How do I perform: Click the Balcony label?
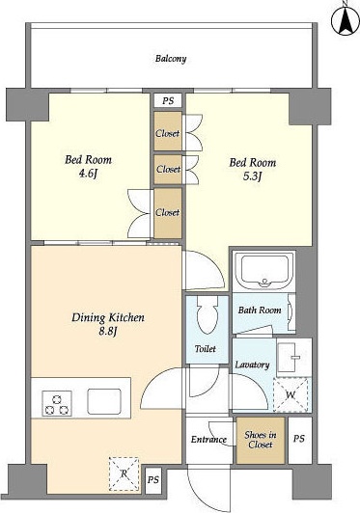click(x=171, y=59)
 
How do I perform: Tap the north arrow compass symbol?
click(x=346, y=19)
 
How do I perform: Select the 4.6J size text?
click(x=88, y=174)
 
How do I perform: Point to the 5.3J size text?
click(x=252, y=176)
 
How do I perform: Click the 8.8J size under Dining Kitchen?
click(x=108, y=332)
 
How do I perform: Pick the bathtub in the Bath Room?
click(x=264, y=272)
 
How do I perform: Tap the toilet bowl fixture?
click(x=208, y=314)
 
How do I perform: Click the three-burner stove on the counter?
click(x=57, y=403)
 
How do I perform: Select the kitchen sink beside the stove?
click(x=104, y=401)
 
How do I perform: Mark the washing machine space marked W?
click(x=291, y=394)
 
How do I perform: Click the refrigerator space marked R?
click(x=124, y=474)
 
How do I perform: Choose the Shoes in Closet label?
click(x=261, y=440)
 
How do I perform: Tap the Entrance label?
click(x=208, y=439)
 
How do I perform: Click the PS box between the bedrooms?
click(x=168, y=100)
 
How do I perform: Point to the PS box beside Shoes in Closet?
click(x=299, y=439)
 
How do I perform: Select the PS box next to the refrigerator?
click(x=152, y=480)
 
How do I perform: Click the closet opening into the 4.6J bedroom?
click(x=168, y=213)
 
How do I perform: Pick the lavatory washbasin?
click(x=292, y=357)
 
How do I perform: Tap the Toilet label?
click(x=205, y=349)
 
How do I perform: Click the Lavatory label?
click(x=252, y=364)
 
